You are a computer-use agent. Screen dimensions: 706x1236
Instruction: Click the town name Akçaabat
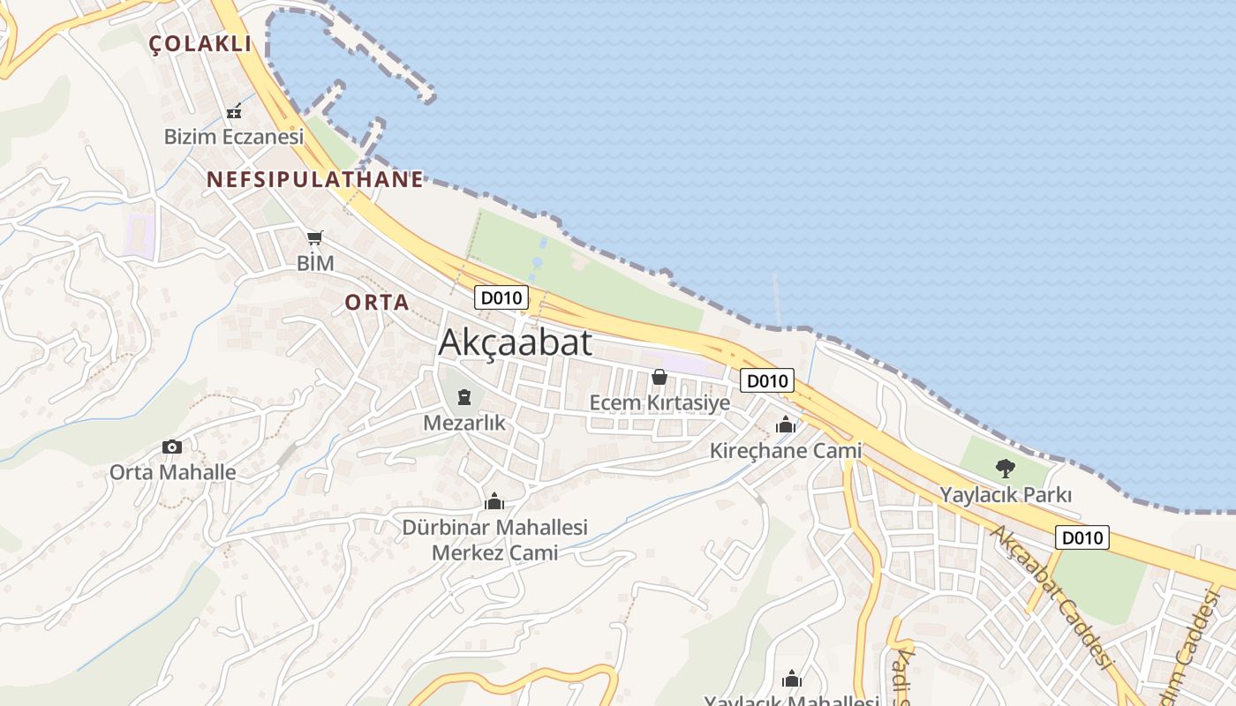coord(515,342)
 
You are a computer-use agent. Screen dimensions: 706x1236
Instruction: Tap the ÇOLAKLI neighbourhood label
coord(200,44)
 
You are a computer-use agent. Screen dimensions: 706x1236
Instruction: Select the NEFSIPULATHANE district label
coord(315,179)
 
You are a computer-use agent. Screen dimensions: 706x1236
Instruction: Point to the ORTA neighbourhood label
coord(377,302)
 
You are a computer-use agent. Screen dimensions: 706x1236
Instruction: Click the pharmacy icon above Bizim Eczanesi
coord(234,112)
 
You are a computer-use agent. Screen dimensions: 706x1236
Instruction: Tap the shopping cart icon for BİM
coord(315,237)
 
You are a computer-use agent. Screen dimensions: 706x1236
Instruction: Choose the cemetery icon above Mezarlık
coord(464,397)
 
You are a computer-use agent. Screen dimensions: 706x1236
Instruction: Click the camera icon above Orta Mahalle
coord(172,447)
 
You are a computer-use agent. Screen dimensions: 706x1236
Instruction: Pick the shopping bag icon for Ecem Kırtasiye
coord(659,378)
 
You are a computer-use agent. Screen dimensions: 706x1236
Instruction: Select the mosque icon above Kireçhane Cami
coord(785,425)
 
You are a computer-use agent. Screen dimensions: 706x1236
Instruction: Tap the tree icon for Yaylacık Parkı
coord(1005,469)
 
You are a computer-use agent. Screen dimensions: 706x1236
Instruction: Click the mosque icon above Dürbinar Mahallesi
coord(494,502)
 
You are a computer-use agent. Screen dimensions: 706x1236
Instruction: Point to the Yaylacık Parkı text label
coord(1006,494)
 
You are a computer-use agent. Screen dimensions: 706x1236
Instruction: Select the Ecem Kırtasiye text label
coord(659,403)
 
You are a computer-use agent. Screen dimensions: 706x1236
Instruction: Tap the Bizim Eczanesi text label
coord(234,137)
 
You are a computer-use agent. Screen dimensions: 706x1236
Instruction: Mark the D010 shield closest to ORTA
coord(501,297)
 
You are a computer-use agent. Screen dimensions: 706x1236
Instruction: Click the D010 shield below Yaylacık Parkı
coord(1081,537)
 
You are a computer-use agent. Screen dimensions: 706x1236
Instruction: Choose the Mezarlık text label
coord(464,423)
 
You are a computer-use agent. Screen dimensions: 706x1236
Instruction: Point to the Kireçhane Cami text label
coord(786,451)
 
